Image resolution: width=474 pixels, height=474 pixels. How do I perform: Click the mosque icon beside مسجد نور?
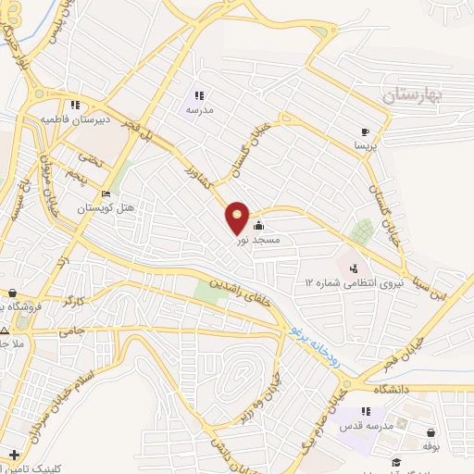(x=258, y=225)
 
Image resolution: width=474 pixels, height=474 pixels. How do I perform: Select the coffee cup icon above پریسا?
(x=366, y=131)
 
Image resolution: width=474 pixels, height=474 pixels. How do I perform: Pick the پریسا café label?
(x=366, y=146)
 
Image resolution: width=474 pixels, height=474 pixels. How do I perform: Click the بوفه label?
(x=431, y=446)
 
